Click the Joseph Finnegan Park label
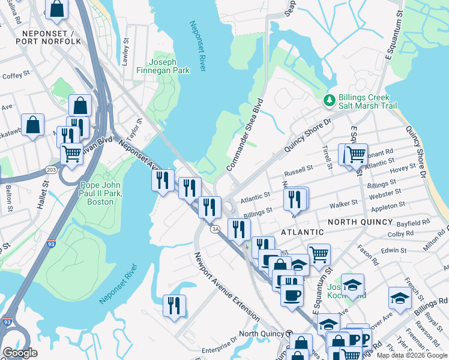click(170, 66)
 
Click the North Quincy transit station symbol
click(289, 334)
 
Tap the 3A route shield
click(214, 229)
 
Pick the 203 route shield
click(52, 170)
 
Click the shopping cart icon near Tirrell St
click(355, 154)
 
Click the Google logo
click(20, 353)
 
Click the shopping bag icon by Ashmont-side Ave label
click(34, 125)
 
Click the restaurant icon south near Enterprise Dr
click(174, 305)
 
